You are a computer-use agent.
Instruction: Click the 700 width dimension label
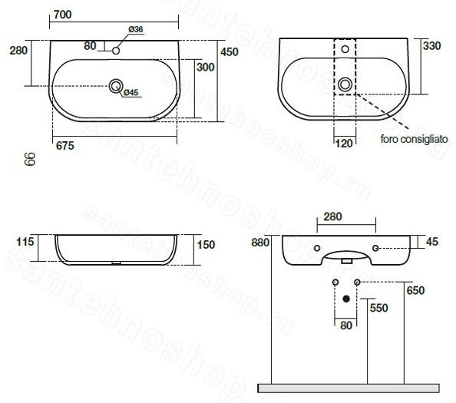(62, 15)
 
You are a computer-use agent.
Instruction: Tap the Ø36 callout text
(136, 29)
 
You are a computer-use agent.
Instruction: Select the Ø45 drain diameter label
(131, 92)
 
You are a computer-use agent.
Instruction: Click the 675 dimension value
(65, 145)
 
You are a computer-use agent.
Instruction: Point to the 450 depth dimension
(230, 51)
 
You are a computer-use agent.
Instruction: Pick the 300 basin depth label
(206, 68)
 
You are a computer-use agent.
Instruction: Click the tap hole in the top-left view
(116, 51)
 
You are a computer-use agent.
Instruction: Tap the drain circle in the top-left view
(116, 86)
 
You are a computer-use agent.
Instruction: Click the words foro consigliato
(414, 139)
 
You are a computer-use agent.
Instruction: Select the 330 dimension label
(432, 46)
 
